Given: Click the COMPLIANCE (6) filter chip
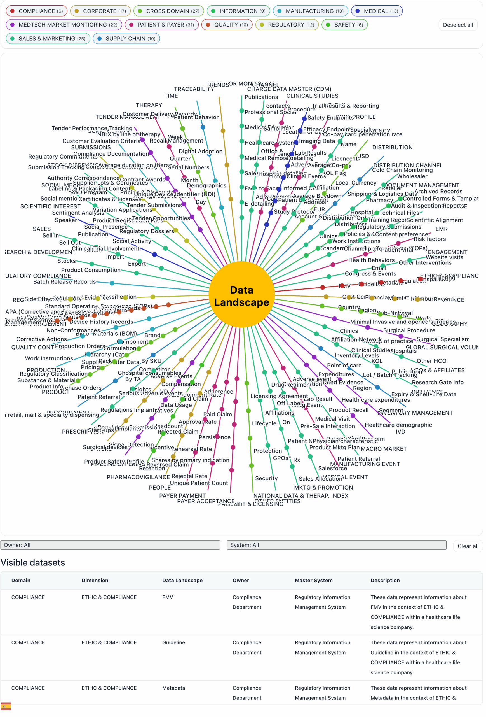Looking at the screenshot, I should tap(36, 11).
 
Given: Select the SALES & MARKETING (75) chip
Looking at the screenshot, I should tap(48, 39).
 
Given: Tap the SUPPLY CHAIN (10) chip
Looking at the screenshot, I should tap(126, 39).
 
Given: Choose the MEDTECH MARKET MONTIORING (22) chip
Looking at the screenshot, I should tap(64, 25).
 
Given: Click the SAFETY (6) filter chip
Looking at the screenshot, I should tap(344, 25).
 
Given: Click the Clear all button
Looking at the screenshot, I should tap(468, 546).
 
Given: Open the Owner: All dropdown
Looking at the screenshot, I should tap(110, 545).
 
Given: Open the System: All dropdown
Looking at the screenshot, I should tap(337, 545).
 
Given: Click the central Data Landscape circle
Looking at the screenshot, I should tap(242, 296).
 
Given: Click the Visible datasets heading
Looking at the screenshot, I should tap(33, 563).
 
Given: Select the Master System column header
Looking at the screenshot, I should tap(314, 581).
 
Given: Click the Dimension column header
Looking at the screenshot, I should tap(95, 581).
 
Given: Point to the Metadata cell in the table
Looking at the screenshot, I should tap(173, 688).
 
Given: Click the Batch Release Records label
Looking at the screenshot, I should tap(64, 282).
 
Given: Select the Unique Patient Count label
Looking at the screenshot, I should tap(199, 483).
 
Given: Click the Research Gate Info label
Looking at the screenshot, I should tap(438, 383).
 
